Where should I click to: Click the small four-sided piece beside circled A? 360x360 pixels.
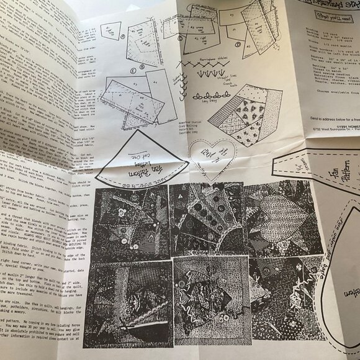pyautogui.click(x=110, y=30)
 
